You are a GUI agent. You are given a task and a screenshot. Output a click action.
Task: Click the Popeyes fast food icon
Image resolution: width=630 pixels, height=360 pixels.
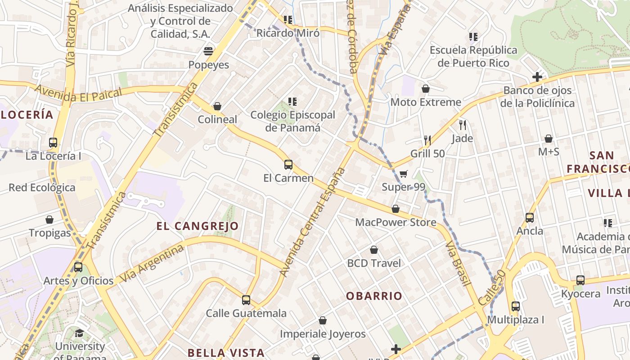click(x=208, y=51)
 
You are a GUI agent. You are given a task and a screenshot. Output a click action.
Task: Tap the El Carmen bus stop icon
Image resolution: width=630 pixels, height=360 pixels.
click(x=288, y=165)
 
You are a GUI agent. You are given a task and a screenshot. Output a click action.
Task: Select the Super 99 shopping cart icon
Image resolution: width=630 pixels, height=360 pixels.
click(x=403, y=174)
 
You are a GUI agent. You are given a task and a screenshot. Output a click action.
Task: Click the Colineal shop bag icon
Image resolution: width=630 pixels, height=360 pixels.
click(x=217, y=106)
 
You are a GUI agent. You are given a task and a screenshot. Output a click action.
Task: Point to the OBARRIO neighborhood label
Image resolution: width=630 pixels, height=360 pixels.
click(x=374, y=296)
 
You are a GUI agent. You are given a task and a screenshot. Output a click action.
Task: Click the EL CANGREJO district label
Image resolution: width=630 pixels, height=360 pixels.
click(x=198, y=226)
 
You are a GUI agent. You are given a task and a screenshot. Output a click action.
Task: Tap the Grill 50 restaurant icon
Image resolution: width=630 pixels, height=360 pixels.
click(x=427, y=140)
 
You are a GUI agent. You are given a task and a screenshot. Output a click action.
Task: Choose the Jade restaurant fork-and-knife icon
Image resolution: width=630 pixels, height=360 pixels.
click(x=462, y=125)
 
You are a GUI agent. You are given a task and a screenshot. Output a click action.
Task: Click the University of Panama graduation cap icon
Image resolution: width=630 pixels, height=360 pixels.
click(x=79, y=333)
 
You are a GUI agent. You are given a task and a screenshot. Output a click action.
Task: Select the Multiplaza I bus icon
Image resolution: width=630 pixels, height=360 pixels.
click(x=516, y=306)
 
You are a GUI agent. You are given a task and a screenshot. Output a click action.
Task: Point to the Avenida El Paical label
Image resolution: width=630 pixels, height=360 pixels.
click(x=78, y=91)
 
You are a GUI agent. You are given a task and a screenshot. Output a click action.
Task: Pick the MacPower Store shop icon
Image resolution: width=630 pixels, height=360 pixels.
click(x=396, y=209)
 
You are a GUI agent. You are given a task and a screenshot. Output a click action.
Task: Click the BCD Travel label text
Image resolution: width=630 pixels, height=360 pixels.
click(x=373, y=263)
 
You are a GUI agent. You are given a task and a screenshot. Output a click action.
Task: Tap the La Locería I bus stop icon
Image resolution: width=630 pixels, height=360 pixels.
click(x=53, y=143)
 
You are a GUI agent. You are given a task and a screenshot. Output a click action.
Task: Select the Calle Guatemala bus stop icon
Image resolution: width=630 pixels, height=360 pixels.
click(x=246, y=300)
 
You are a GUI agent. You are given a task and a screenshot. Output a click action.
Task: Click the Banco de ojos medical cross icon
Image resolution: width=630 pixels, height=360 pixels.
click(x=537, y=77)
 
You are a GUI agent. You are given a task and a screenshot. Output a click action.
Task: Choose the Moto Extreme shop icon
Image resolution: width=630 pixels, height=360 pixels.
click(x=425, y=89)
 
